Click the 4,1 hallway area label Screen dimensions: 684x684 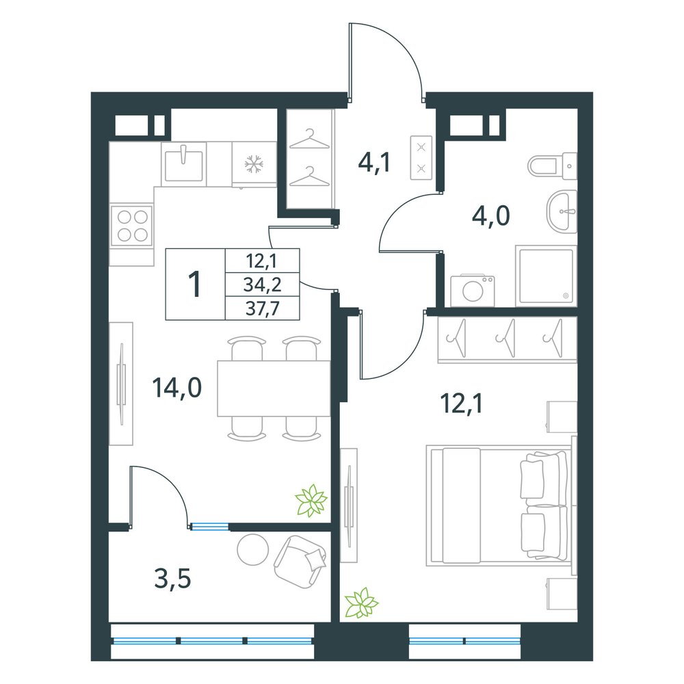click(x=374, y=163)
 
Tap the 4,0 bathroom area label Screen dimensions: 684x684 click(x=490, y=216)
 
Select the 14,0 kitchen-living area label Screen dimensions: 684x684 click(x=176, y=387)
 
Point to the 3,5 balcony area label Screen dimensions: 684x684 click(x=173, y=579)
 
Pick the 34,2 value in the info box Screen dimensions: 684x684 click(x=263, y=285)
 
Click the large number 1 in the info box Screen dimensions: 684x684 click(x=194, y=284)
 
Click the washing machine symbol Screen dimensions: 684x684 click(x=473, y=290)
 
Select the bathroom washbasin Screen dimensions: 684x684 click(x=562, y=211)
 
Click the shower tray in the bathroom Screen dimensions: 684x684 click(x=546, y=275)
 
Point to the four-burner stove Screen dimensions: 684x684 click(x=132, y=225)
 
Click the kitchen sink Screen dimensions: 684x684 click(x=183, y=163)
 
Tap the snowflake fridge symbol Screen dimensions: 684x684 click(x=254, y=164)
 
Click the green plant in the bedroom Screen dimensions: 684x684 click(x=361, y=603)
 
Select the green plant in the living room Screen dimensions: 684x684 click(x=311, y=501)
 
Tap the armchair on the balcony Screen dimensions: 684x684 click(x=300, y=562)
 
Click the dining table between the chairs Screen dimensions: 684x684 click(x=274, y=389)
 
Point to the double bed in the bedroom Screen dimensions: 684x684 click(x=501, y=505)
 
